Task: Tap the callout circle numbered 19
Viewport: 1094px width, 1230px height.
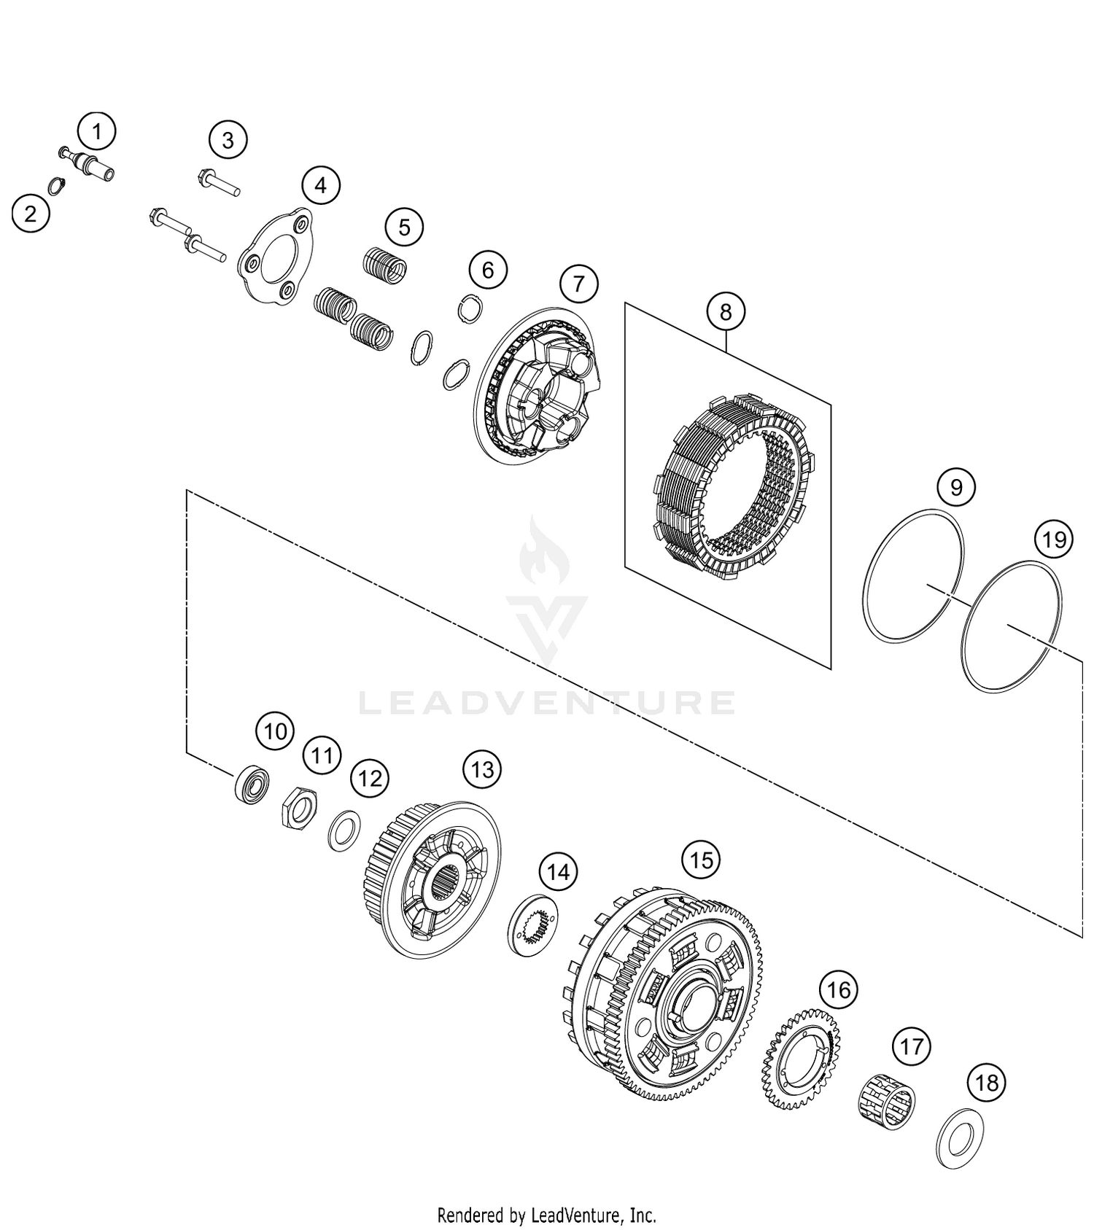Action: pos(1054,540)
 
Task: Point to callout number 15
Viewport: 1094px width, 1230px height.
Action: pos(701,860)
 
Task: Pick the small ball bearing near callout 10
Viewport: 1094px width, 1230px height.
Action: pos(252,785)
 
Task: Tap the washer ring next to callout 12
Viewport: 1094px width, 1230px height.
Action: pos(344,830)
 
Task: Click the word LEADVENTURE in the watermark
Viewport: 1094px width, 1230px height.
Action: pos(547,702)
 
